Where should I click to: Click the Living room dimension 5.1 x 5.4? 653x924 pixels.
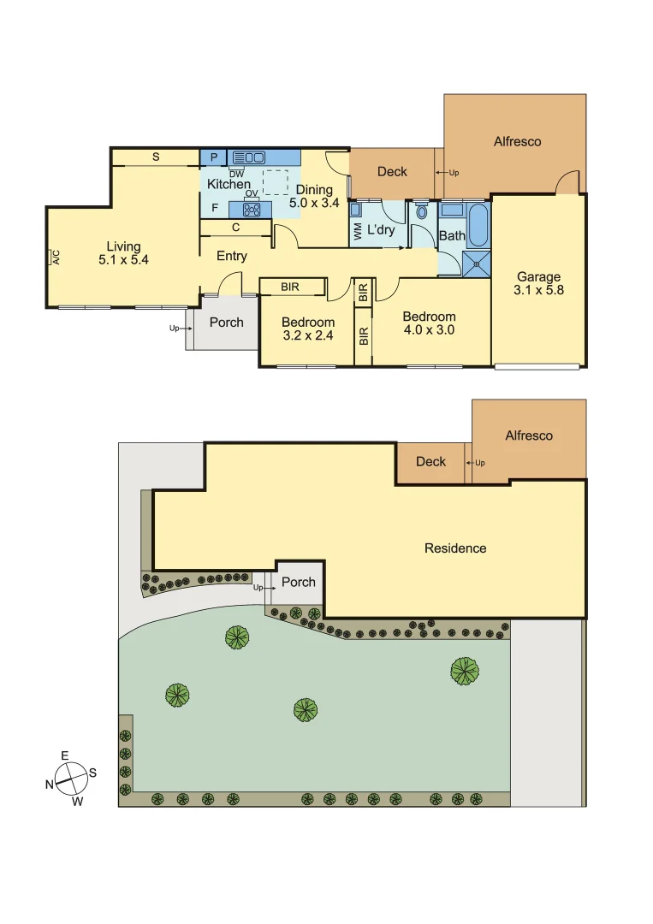123,260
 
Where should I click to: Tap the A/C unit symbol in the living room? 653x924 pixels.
55,256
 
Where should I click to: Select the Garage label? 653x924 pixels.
538,276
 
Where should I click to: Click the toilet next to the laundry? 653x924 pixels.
420,212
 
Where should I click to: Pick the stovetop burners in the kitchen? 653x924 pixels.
252,208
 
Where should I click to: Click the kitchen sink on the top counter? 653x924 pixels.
249,157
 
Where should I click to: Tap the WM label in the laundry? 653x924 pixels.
356,232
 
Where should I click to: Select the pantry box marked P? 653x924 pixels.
213,157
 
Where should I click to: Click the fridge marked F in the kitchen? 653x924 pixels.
214,208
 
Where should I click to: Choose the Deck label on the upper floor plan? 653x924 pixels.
392,171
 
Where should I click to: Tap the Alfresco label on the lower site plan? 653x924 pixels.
528,435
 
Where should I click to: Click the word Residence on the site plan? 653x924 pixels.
454,548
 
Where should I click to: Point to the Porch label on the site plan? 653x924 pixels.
298,582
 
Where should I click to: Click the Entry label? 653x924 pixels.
232,256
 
